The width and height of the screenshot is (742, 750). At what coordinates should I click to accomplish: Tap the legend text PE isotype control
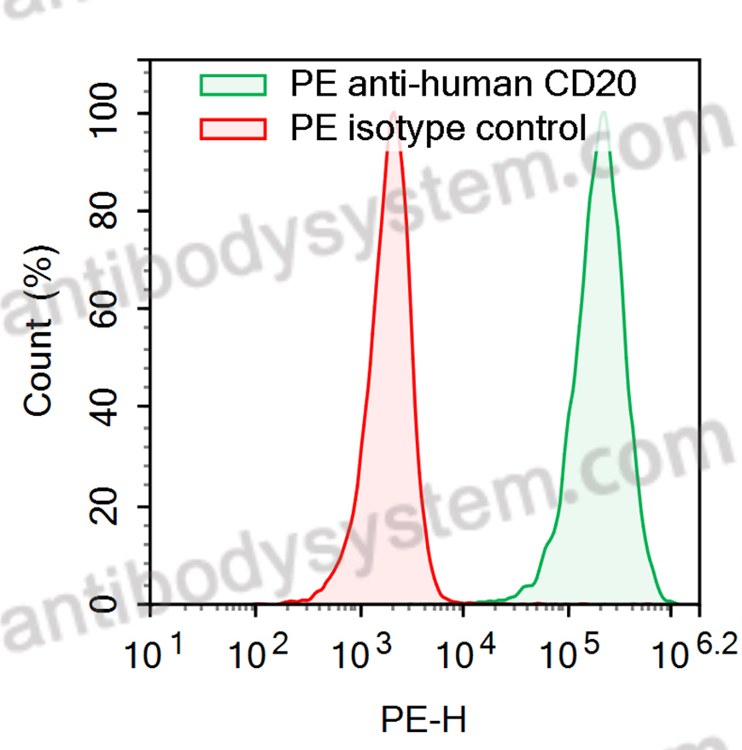438,129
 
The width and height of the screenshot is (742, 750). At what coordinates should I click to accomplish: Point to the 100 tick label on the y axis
112,114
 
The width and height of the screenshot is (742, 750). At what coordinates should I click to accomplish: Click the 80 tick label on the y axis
112,211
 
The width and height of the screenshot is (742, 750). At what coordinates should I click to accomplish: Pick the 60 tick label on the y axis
112,309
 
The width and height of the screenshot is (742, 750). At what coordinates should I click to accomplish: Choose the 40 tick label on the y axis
112,407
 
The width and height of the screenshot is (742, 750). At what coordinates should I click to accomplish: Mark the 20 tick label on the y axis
112,506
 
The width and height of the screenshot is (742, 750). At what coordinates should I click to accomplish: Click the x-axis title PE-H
424,722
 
